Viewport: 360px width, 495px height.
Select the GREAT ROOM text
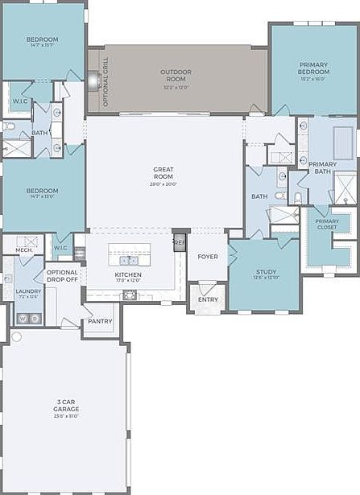point(164,173)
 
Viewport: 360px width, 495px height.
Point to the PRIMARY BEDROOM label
point(313,68)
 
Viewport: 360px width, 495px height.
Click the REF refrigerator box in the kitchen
point(179,240)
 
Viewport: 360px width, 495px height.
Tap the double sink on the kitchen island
point(128,260)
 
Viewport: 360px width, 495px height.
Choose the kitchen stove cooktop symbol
point(128,296)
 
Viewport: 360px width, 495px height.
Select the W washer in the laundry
point(22,319)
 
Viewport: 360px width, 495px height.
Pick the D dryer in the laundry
point(35,319)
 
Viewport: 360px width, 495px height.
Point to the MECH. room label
point(23,250)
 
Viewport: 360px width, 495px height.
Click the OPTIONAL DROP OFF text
point(62,276)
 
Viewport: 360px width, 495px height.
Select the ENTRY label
point(208,299)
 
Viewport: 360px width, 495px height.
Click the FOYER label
point(208,256)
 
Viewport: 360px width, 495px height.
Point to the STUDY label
point(267,272)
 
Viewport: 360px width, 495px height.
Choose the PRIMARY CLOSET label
point(327,225)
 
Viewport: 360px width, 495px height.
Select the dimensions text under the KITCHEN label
point(128,281)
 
